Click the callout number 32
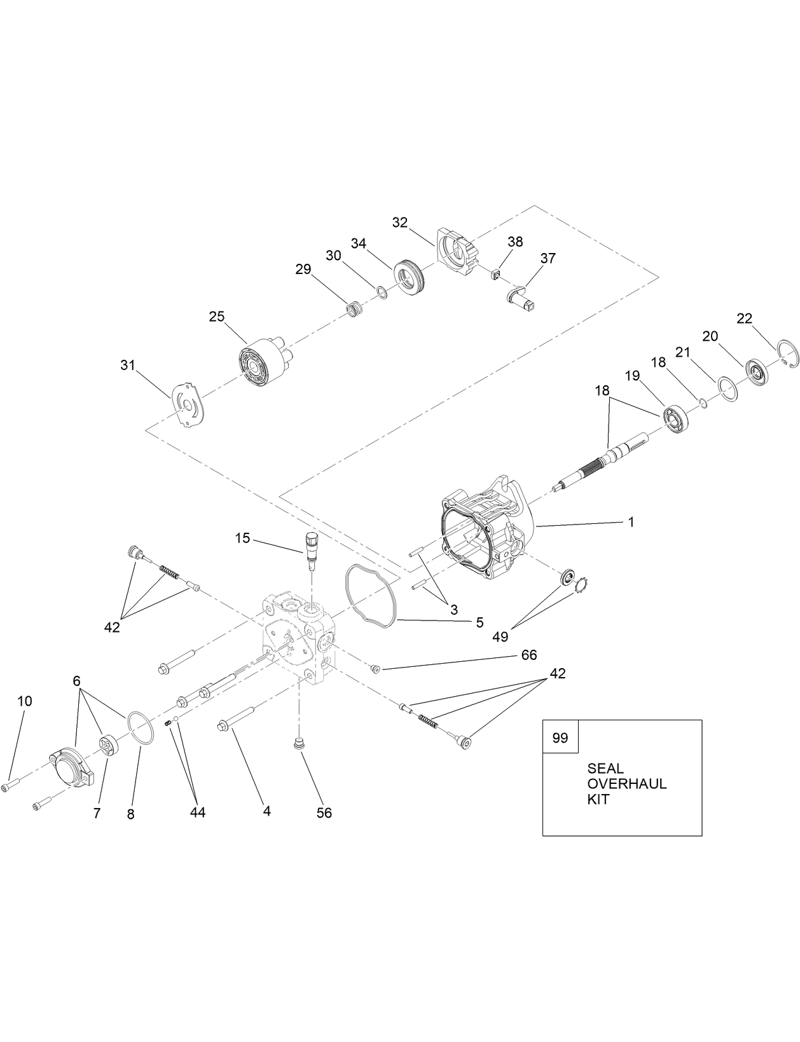coord(399,222)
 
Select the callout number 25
coord(217,316)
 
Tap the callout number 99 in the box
coord(560,738)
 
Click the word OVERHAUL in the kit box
coord(626,784)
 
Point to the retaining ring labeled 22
coord(787,354)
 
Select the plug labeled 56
coord(296,742)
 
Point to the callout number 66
coord(529,655)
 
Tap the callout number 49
coord(500,636)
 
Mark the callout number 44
coord(197,812)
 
